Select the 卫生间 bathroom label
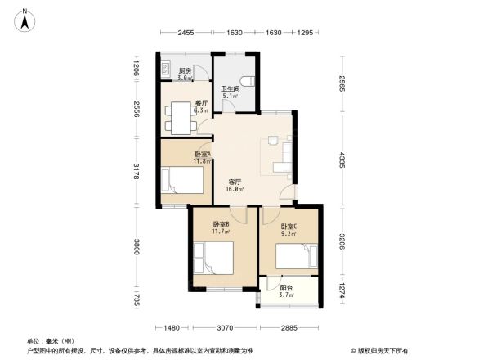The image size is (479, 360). (229, 89)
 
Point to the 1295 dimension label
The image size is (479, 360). (306, 33)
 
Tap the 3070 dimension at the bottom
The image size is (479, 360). (226, 328)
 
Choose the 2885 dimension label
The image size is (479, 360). (289, 328)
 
